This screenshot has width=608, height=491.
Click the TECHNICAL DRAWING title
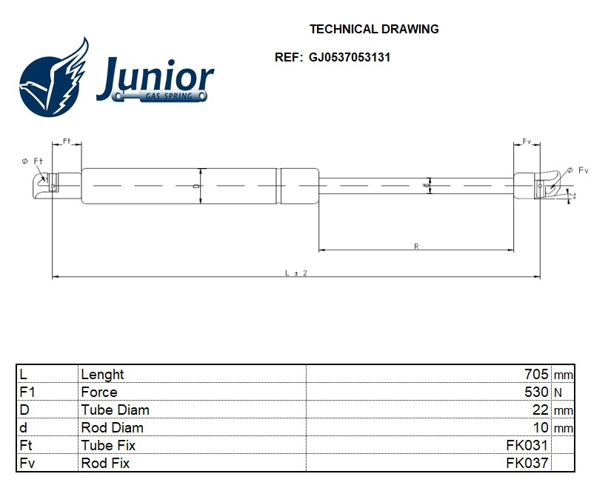(374, 30)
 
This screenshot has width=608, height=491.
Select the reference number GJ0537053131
(350, 57)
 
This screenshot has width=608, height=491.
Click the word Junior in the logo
(155, 78)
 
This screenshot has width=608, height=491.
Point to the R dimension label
(416, 247)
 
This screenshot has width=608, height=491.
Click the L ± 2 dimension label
(295, 273)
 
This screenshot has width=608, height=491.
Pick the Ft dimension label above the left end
(66, 141)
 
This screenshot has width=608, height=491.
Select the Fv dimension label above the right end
(527, 141)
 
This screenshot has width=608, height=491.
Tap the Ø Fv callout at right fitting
(578, 170)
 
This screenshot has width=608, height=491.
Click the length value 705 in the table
(536, 374)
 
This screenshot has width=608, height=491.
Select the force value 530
(536, 392)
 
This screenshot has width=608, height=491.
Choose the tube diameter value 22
(541, 410)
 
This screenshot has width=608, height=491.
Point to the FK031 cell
(527, 445)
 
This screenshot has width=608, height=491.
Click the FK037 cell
(527, 463)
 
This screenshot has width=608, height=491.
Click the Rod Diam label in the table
(112, 427)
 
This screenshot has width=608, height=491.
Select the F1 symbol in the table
(27, 392)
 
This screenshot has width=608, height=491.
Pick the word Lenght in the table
(102, 374)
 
